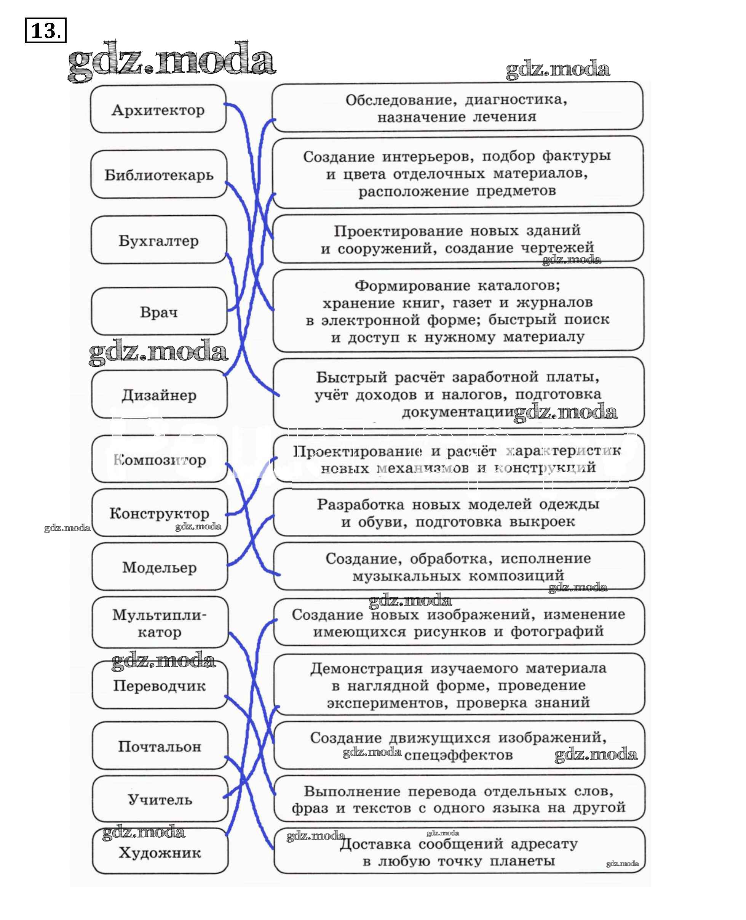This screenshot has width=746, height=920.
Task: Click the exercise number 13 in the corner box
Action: pos(45,30)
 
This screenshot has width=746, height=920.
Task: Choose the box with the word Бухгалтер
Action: pos(158,240)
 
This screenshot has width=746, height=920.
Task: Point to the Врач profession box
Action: pos(159,312)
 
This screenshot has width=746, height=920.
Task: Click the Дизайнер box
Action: pos(159,395)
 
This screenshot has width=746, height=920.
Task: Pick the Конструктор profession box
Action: pos(160,513)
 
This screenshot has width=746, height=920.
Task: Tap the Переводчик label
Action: pos(160,686)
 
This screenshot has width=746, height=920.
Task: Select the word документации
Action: pos(458,412)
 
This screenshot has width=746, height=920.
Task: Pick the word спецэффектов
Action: pos(458,755)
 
